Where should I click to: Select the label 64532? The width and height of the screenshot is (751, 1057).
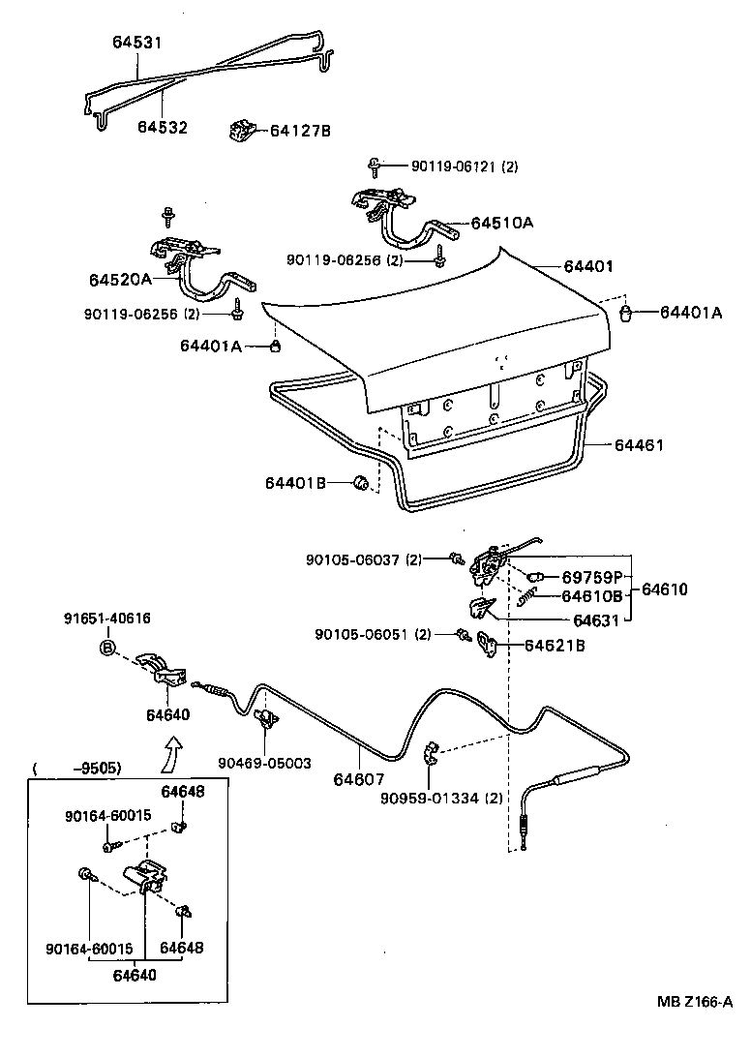[162, 127]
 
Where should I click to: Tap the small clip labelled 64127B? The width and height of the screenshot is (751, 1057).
[241, 131]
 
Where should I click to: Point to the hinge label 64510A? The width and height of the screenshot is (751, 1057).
[502, 222]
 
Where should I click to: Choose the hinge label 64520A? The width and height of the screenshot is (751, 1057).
[121, 280]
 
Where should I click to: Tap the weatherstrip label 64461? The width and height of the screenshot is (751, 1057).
[640, 445]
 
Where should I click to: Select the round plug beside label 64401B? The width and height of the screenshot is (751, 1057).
[362, 483]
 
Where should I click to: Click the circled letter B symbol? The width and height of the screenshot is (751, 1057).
[108, 648]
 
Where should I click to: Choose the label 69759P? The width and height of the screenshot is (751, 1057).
[591, 577]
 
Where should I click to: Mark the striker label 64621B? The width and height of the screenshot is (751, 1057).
[555, 645]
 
